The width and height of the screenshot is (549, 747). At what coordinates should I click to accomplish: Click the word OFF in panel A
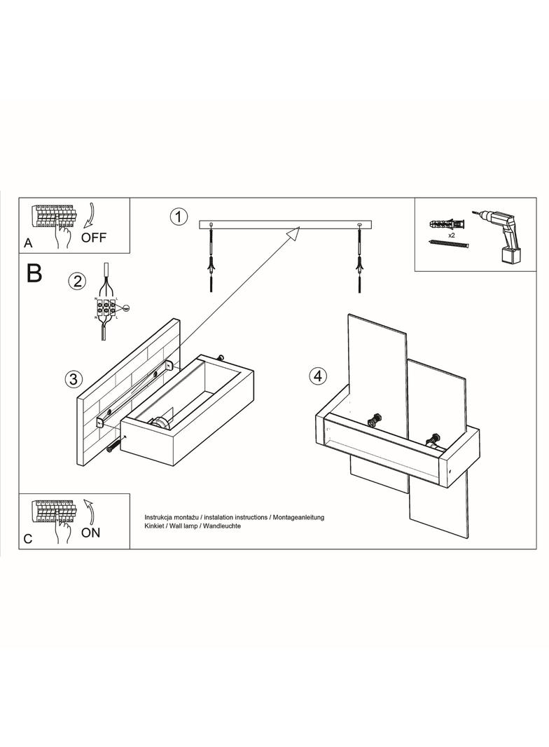tap(94, 237)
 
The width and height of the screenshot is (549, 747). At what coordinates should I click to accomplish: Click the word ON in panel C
tap(90, 533)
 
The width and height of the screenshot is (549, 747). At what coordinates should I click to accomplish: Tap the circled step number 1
tap(179, 217)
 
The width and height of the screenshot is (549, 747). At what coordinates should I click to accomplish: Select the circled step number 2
tap(77, 282)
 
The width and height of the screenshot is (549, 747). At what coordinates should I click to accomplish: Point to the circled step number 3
tap(72, 379)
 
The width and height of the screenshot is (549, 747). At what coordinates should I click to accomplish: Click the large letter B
tap(34, 273)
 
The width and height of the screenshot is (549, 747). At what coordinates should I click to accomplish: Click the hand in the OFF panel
tap(65, 235)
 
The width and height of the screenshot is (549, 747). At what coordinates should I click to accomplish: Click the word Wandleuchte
tap(221, 525)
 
